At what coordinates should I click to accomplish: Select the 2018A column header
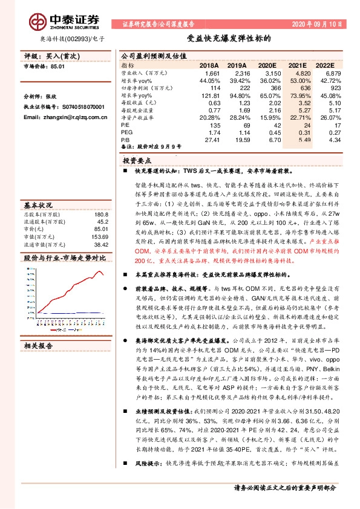click(209, 64)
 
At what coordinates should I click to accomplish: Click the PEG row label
click(127, 132)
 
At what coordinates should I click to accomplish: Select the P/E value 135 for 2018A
click(214, 125)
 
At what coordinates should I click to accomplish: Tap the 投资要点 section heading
click(137, 161)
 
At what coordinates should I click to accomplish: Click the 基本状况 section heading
click(38, 205)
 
